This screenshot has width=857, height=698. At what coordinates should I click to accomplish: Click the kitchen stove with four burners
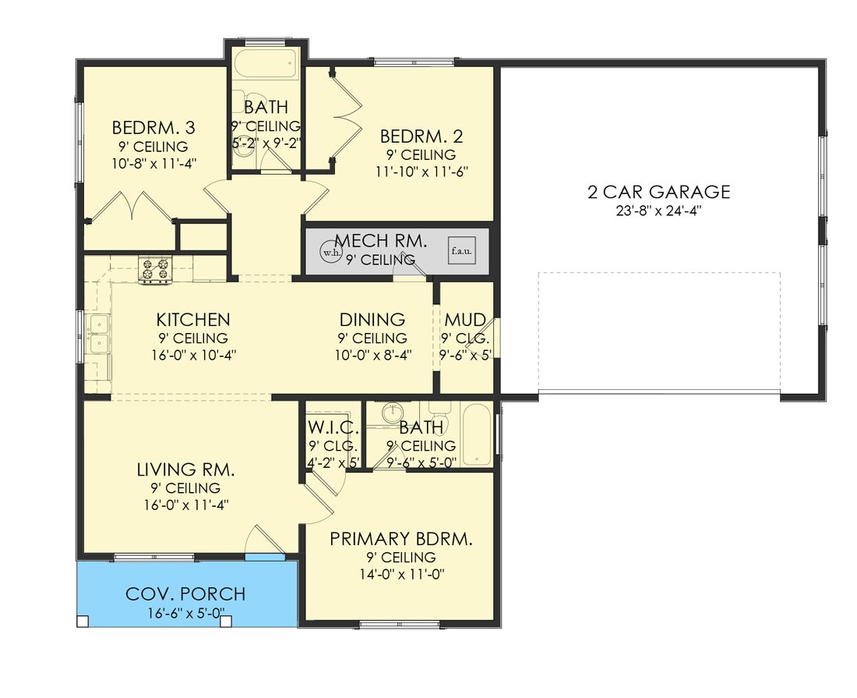[156, 269]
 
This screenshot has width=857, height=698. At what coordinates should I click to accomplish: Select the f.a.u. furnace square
[461, 251]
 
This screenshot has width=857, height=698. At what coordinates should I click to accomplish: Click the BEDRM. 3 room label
[153, 128]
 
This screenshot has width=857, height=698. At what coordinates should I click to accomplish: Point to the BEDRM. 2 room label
[421, 136]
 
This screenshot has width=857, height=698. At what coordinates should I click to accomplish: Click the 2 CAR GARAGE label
[659, 192]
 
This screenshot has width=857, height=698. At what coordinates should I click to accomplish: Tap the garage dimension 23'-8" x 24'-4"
[659, 211]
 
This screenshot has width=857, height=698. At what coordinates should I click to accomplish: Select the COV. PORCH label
[185, 594]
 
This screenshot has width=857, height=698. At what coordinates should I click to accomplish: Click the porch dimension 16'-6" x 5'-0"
[186, 613]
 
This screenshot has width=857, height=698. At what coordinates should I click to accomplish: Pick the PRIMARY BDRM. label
[401, 539]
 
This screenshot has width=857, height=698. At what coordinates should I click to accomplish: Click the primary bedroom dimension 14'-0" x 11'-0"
[402, 574]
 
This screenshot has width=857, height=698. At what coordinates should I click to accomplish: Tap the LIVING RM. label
[186, 469]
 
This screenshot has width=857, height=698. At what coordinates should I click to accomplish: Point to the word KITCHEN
[193, 320]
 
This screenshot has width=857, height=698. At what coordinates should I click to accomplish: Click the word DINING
[372, 320]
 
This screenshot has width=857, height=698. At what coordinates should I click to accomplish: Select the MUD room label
[465, 320]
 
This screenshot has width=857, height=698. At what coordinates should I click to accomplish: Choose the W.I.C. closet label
[333, 427]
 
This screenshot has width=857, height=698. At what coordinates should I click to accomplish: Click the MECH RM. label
[381, 241]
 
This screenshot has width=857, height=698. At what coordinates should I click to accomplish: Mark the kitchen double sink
[98, 334]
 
